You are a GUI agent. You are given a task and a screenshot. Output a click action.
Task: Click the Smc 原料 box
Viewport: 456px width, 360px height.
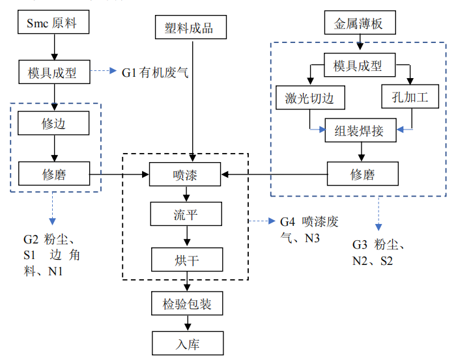coord(52,25)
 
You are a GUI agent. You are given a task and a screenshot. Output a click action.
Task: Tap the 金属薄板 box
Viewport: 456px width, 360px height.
coord(358,25)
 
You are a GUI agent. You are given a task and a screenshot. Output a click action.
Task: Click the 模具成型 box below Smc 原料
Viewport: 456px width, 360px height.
coord(52,72)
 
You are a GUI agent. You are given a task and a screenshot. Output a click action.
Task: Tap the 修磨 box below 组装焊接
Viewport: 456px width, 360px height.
coord(360,174)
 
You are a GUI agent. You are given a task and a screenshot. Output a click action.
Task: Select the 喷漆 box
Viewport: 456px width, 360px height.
coord(186,174)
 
